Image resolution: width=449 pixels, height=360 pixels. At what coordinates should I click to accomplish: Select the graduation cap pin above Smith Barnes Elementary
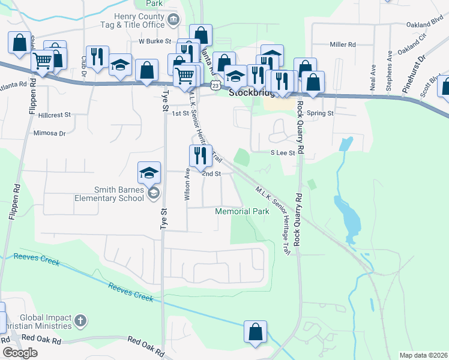pos(149,173)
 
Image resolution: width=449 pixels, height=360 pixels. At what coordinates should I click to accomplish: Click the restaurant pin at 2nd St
pos(200,155)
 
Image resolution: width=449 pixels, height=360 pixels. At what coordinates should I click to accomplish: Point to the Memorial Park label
pos(242,212)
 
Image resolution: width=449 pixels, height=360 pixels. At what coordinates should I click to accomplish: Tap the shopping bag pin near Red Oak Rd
pos(255,332)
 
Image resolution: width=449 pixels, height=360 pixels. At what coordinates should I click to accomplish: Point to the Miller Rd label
pos(343,44)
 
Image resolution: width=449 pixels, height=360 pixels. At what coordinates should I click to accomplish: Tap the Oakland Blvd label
pos(420,25)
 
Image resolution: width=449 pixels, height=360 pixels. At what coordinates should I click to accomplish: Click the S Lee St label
pos(283,153)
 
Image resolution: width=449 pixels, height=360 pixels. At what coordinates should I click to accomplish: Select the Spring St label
pos(320,113)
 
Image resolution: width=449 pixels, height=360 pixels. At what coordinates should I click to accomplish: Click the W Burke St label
pos(155,41)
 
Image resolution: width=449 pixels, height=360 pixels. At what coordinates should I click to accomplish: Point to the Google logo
pos(20,352)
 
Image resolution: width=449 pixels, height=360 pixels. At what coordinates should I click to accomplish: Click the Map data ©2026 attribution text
pos(423,355)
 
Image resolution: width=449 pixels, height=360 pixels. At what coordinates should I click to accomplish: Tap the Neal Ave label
pos(373,77)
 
